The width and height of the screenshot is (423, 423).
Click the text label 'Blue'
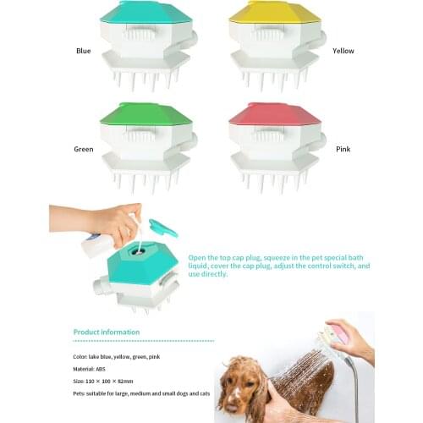(83, 52)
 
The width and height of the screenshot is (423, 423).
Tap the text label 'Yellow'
(343, 52)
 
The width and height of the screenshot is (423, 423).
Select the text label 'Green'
(83, 149)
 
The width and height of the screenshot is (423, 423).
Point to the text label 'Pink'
(342, 149)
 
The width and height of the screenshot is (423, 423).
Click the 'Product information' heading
(106, 332)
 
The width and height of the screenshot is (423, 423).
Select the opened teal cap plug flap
(163, 228)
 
